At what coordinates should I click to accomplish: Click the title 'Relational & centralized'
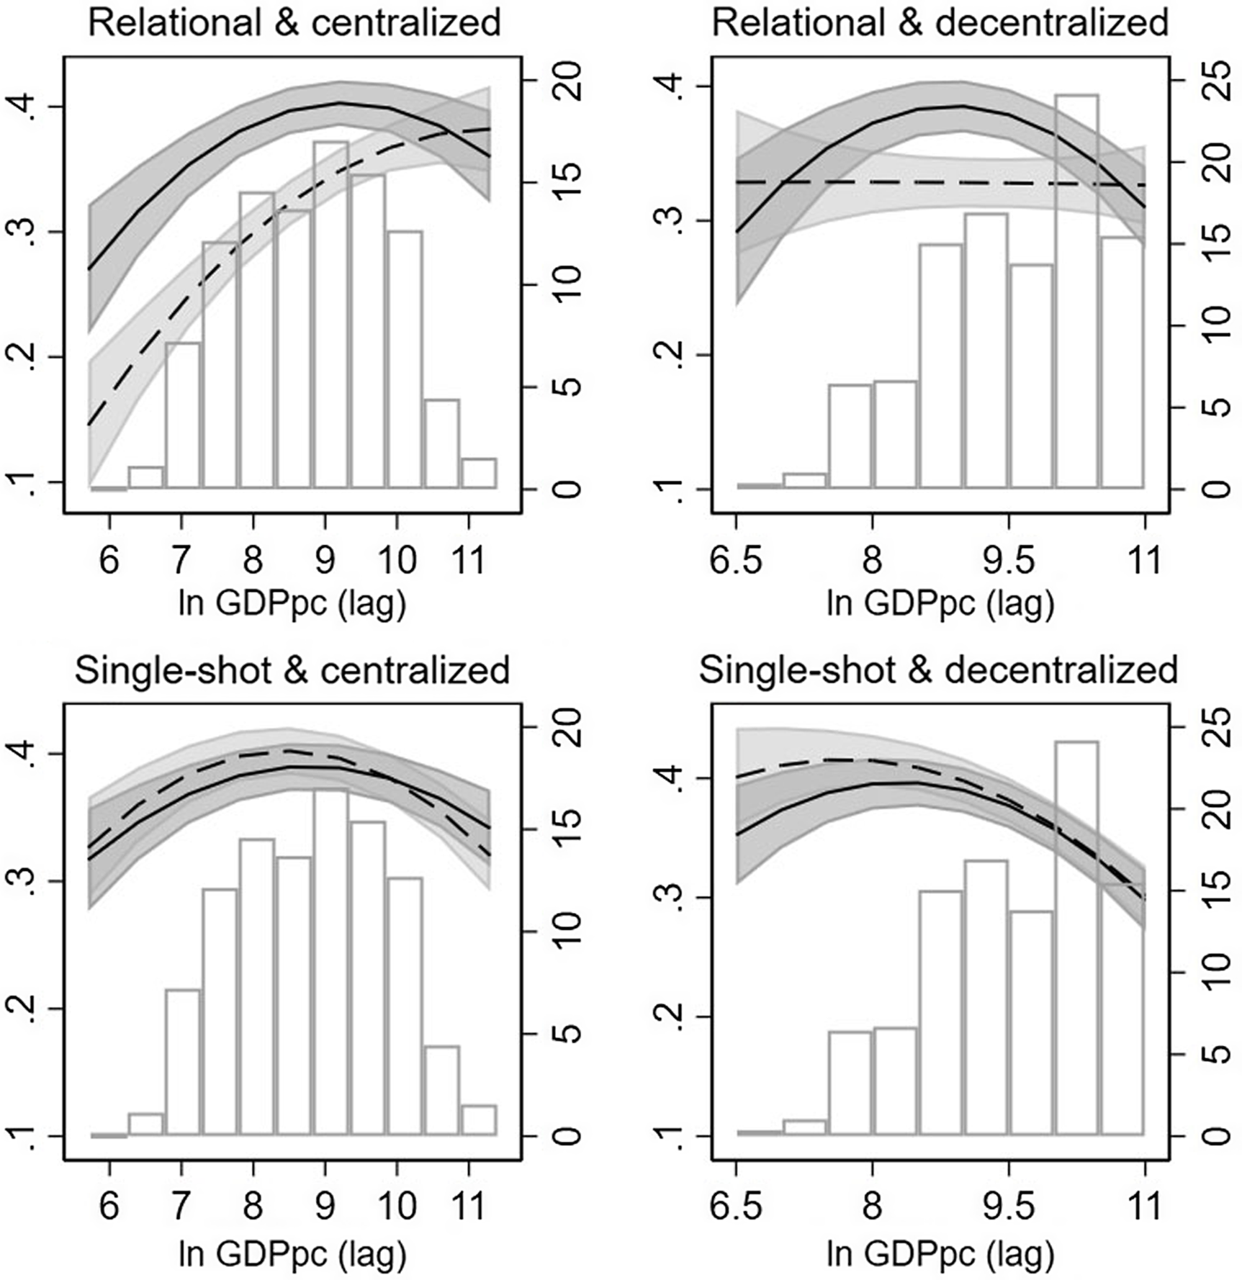(x=294, y=23)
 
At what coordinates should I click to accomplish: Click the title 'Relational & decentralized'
(x=940, y=23)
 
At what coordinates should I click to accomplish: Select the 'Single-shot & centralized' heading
(x=292, y=670)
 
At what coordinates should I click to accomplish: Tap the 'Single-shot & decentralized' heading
(x=938, y=670)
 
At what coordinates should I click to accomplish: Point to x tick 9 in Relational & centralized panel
(x=325, y=560)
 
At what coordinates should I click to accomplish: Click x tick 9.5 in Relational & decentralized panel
(x=1009, y=560)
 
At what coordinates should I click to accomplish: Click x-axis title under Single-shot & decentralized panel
(x=940, y=1253)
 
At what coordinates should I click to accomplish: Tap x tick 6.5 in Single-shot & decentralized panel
(x=736, y=1207)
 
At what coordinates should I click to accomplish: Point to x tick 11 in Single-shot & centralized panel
(x=469, y=1207)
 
